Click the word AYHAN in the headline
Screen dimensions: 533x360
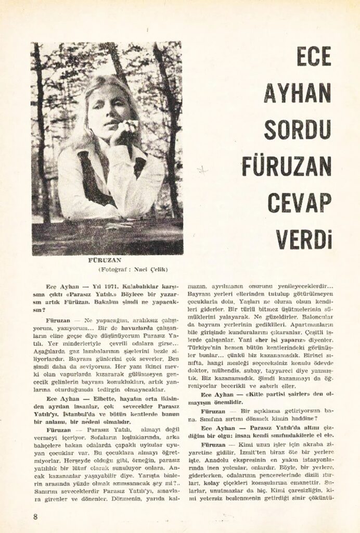click(298, 93)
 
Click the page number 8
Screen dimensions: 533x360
click(35, 516)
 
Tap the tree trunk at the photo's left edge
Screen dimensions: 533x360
click(42, 130)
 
